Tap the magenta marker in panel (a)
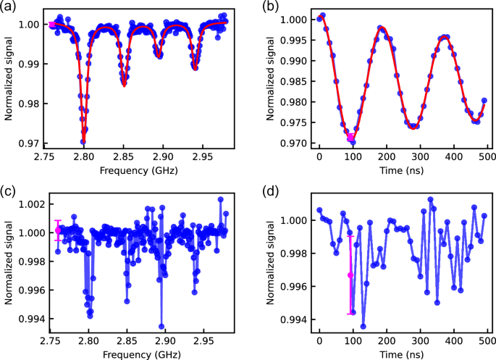tap(52, 25)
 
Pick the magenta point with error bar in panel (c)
tap(59, 230)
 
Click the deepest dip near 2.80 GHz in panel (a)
tap(83, 141)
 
